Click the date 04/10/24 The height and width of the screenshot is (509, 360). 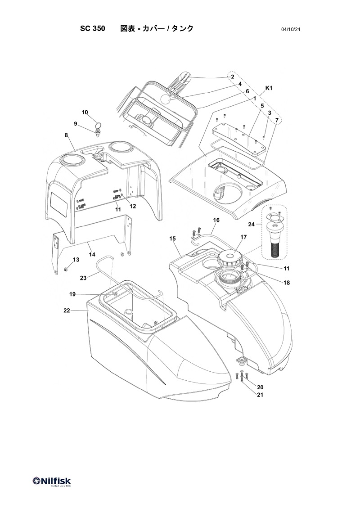(x=291, y=30)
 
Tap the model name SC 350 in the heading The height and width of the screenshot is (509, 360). (x=93, y=29)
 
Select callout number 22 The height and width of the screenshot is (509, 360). (x=67, y=311)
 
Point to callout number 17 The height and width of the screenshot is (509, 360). (x=243, y=237)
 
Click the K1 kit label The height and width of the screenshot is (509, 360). (x=269, y=88)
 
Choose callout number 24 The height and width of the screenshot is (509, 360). (x=252, y=224)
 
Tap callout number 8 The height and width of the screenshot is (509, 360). (x=67, y=135)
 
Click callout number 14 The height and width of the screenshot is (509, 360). (x=92, y=255)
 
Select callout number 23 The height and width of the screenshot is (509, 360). (x=84, y=278)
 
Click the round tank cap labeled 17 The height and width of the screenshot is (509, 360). (x=230, y=258)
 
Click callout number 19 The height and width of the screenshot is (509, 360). (x=73, y=294)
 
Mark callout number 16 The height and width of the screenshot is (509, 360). (x=216, y=220)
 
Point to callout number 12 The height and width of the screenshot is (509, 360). (x=133, y=206)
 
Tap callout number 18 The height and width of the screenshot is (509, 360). (x=287, y=283)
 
